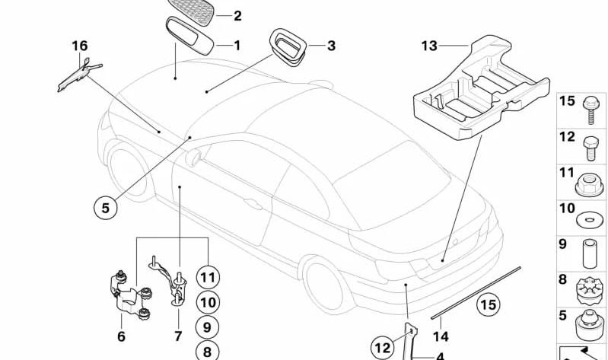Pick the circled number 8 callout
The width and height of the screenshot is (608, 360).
click(x=205, y=351)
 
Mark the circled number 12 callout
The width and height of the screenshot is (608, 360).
click(x=383, y=348)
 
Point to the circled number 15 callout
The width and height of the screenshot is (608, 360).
click(x=489, y=304)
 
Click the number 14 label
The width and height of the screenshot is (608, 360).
click(x=441, y=336)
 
